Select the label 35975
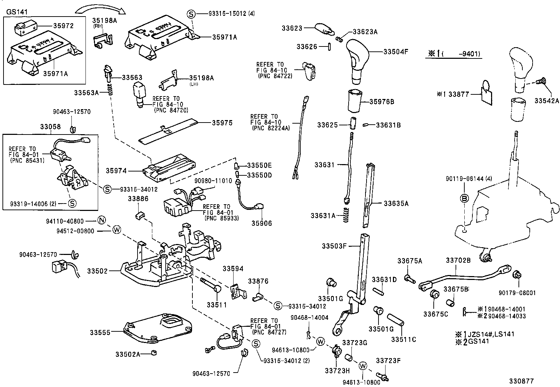click(222, 123)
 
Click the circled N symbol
click(102, 221)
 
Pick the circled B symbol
click(464, 199)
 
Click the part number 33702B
click(458, 261)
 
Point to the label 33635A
click(396, 203)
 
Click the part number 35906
click(261, 223)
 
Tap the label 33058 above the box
click(50, 127)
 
